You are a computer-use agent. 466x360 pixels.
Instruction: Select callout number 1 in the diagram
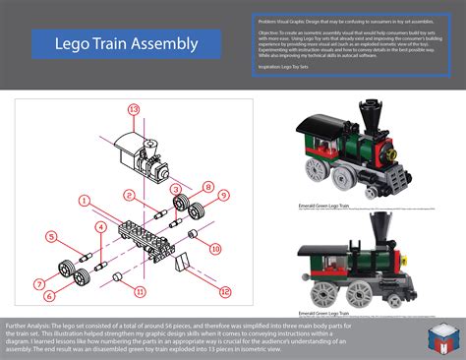87,198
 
